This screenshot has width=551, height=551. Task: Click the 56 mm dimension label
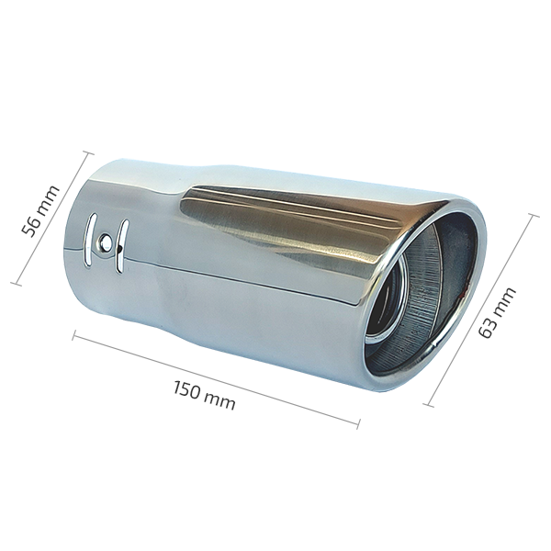(x=39, y=211)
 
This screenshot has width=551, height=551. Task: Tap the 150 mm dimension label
(x=204, y=395)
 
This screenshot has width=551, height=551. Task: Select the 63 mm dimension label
(x=497, y=312)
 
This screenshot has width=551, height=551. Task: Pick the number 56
(x=30, y=228)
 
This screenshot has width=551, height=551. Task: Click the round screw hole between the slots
(x=105, y=241)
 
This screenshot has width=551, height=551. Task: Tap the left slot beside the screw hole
(x=89, y=239)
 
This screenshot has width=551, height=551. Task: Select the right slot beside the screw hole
(x=121, y=246)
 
